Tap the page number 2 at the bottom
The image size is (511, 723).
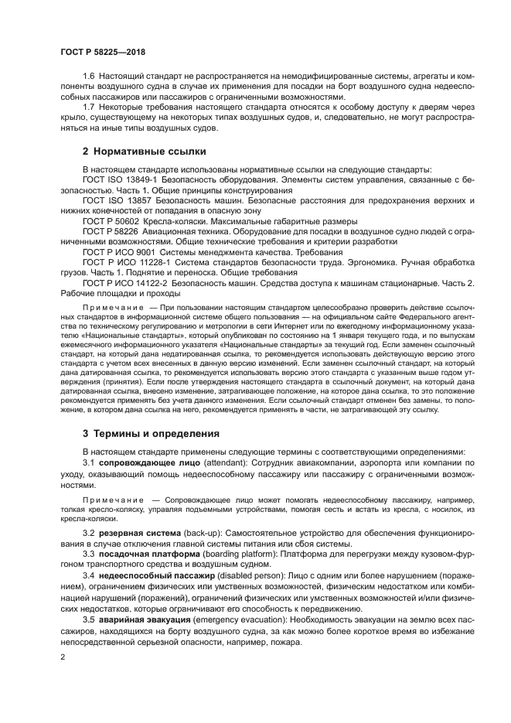click(63, 656)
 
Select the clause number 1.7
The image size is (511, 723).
click(89, 106)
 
